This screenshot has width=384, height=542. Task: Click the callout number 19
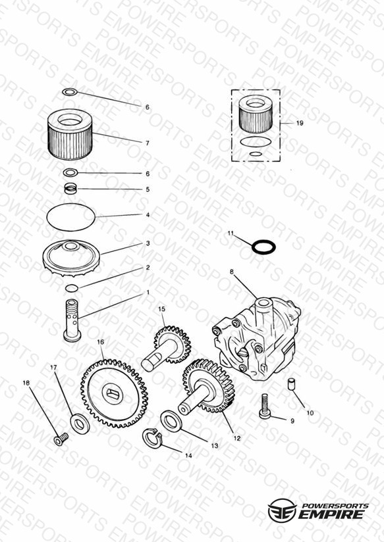click(x=300, y=123)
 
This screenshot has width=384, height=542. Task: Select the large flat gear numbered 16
click(x=114, y=393)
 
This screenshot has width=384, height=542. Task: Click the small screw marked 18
click(x=61, y=439)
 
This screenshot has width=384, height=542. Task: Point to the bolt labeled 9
click(x=265, y=407)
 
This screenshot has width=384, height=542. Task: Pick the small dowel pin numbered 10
click(x=292, y=384)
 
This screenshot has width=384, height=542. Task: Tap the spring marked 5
click(x=70, y=189)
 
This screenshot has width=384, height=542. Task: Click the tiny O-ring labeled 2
click(x=72, y=287)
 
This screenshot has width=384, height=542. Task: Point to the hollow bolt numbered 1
click(x=72, y=321)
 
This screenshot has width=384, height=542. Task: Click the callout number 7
click(x=147, y=143)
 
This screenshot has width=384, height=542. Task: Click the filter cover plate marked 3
click(x=71, y=259)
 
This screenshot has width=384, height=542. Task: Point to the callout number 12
click(x=237, y=438)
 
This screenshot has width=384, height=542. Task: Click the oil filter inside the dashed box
click(x=256, y=114)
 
